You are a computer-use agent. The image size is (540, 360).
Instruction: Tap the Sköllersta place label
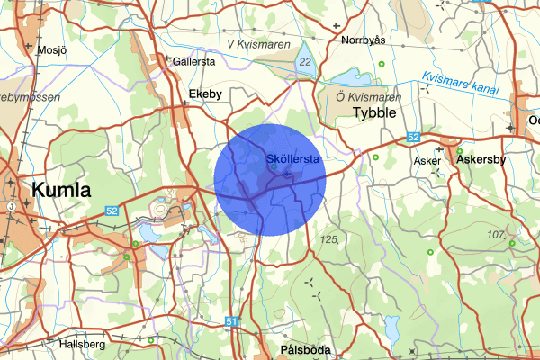[294, 159]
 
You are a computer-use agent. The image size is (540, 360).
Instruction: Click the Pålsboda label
[300, 349]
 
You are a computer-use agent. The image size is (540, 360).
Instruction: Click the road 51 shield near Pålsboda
[231, 321]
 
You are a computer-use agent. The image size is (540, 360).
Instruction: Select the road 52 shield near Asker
[412, 137]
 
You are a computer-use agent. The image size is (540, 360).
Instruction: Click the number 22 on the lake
[305, 62]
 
